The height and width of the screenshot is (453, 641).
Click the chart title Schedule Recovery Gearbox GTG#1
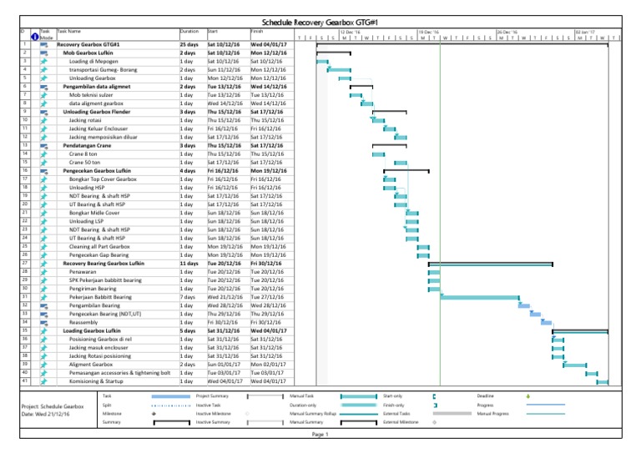(321, 21)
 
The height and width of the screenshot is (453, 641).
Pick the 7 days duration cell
(189, 295)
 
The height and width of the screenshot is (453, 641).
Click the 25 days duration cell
(189, 43)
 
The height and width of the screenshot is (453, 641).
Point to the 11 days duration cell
(189, 263)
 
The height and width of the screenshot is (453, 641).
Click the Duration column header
(189, 31)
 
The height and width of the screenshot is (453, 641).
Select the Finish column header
(257, 31)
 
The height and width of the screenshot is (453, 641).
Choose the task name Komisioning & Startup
(102, 380)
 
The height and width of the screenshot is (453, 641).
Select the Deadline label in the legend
(487, 395)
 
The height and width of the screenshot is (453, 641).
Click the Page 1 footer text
(321, 435)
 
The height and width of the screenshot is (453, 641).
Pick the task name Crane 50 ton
(86, 162)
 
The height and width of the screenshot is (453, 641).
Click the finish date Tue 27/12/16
(267, 295)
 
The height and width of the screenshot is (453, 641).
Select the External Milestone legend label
(401, 422)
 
